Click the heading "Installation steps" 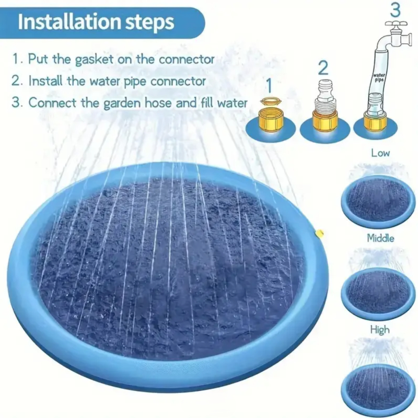(96, 22)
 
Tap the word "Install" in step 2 (45, 81)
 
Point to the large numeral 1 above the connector (269, 85)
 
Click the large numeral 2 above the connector (323, 68)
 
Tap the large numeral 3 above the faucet (396, 10)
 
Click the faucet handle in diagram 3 (397, 24)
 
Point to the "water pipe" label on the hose (379, 78)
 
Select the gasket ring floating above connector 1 (270, 101)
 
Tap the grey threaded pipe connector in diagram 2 (325, 97)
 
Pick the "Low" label (380, 153)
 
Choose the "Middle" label (380, 238)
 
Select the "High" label (380, 330)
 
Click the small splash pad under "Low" (378, 201)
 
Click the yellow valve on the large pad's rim (319, 233)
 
